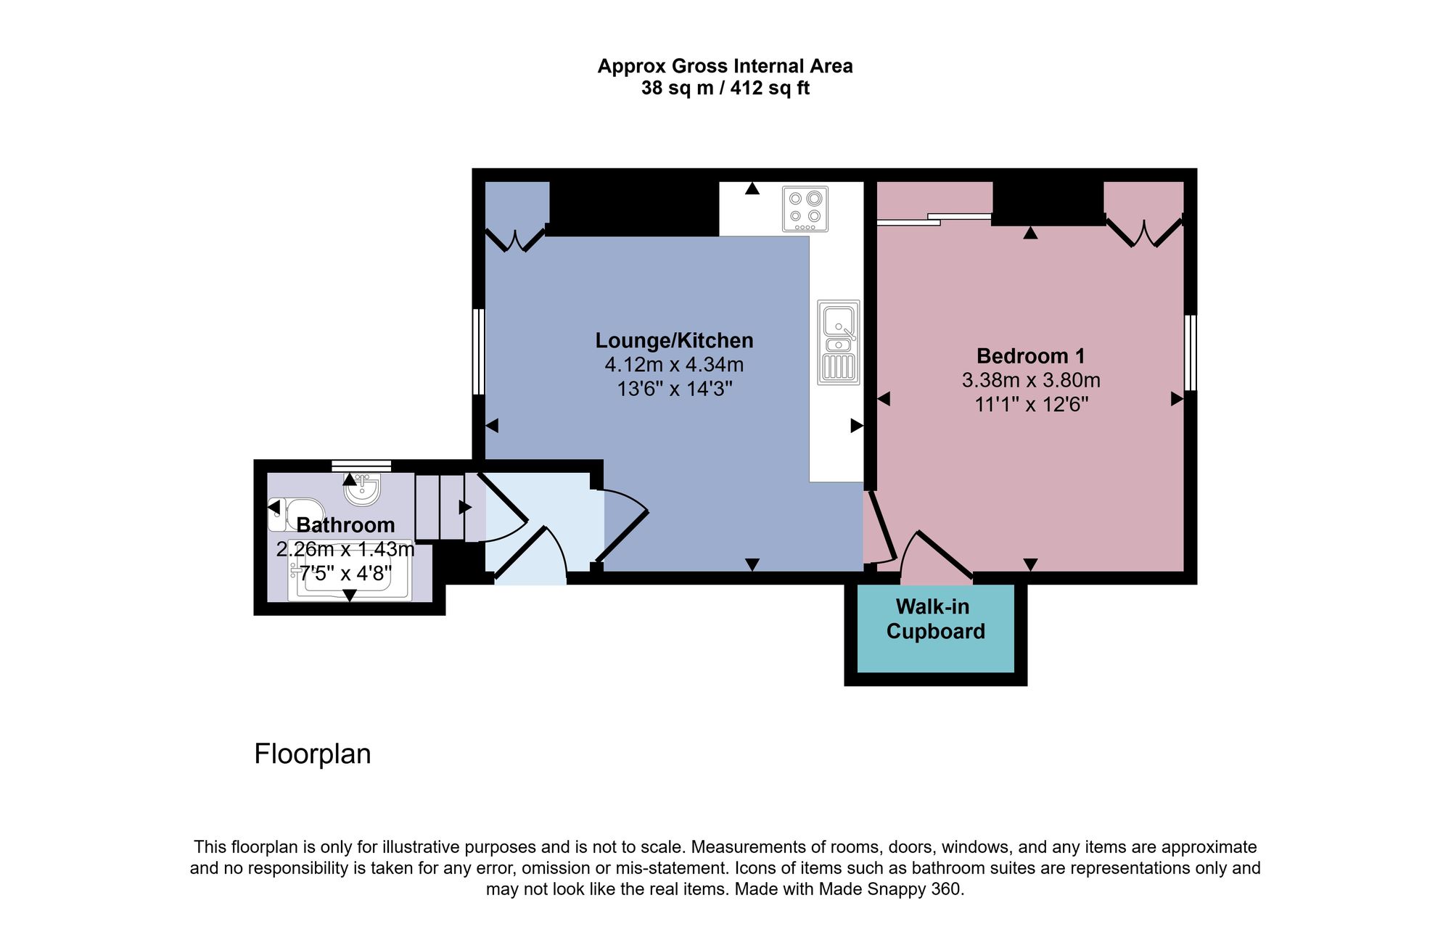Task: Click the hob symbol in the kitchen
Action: point(805,209)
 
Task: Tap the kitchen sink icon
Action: point(839,342)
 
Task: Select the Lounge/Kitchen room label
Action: point(674,340)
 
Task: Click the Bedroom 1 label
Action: point(1030,356)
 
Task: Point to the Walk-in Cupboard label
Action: point(934,619)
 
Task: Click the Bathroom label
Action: point(345,524)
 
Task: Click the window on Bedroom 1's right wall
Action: point(1190,353)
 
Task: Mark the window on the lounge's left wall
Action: point(478,352)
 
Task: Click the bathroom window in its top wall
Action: point(361,466)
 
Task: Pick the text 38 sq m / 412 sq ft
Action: point(725,88)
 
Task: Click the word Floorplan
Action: point(312,754)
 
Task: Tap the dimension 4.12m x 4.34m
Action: point(674,365)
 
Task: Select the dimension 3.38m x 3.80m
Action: point(1030,380)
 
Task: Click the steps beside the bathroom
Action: point(440,507)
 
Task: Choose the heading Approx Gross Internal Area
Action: point(725,66)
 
